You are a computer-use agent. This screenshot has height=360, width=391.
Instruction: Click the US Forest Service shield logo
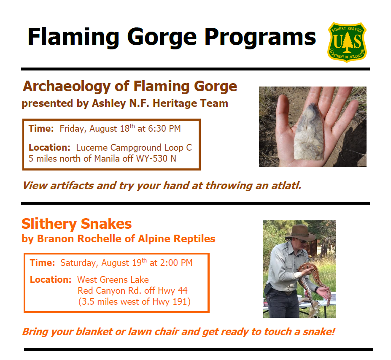coord(347,42)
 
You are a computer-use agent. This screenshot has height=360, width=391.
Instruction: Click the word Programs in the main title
coord(260,38)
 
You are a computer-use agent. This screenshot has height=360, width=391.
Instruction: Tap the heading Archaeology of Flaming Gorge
coord(129,87)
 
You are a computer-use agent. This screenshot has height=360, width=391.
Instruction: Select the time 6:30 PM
coord(164,128)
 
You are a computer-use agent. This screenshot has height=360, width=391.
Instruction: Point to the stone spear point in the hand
coord(308,132)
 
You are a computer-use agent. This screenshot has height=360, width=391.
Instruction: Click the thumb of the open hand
coord(283,112)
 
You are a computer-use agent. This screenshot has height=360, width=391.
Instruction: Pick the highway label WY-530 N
coord(156,158)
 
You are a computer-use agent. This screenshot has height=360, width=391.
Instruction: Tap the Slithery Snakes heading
coord(76,224)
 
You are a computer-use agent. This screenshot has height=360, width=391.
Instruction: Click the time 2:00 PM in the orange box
coord(176,263)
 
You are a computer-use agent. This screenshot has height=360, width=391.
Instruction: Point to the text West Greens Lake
coord(113,280)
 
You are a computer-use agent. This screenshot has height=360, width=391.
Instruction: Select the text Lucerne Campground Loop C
coord(134,148)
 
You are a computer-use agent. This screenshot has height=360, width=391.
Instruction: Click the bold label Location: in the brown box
coord(49,148)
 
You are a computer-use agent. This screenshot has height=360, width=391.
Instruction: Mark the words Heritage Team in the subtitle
coord(190,103)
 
